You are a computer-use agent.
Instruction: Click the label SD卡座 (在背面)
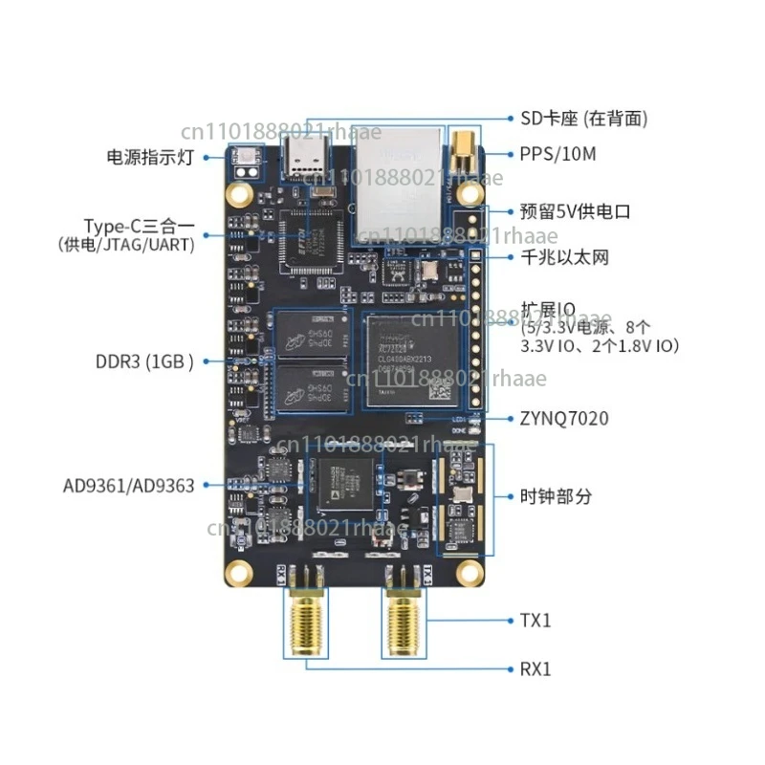584,119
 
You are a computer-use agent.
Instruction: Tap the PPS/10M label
556,153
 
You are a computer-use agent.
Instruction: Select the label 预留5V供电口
575,211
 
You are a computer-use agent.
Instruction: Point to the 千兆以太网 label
564,257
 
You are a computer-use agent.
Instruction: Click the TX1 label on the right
535,621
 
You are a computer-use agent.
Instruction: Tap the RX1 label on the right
535,668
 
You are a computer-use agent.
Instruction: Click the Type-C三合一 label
140,227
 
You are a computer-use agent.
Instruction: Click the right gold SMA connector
406,622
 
